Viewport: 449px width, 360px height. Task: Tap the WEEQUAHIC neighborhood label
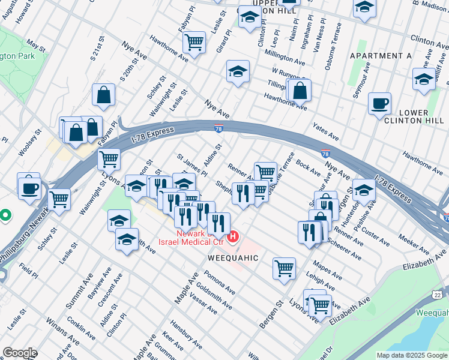(x=233, y=257)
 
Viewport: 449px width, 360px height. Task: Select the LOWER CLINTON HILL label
(x=405, y=117)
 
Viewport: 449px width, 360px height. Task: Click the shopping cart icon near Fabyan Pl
(x=194, y=43)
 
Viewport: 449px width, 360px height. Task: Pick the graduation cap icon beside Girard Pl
(x=238, y=71)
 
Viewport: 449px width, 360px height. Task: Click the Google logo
(x=20, y=352)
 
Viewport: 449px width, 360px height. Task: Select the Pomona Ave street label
(x=218, y=281)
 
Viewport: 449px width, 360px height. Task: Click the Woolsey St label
(x=28, y=142)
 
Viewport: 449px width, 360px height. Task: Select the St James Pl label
(x=191, y=165)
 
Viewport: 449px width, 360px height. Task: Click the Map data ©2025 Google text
(x=412, y=355)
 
